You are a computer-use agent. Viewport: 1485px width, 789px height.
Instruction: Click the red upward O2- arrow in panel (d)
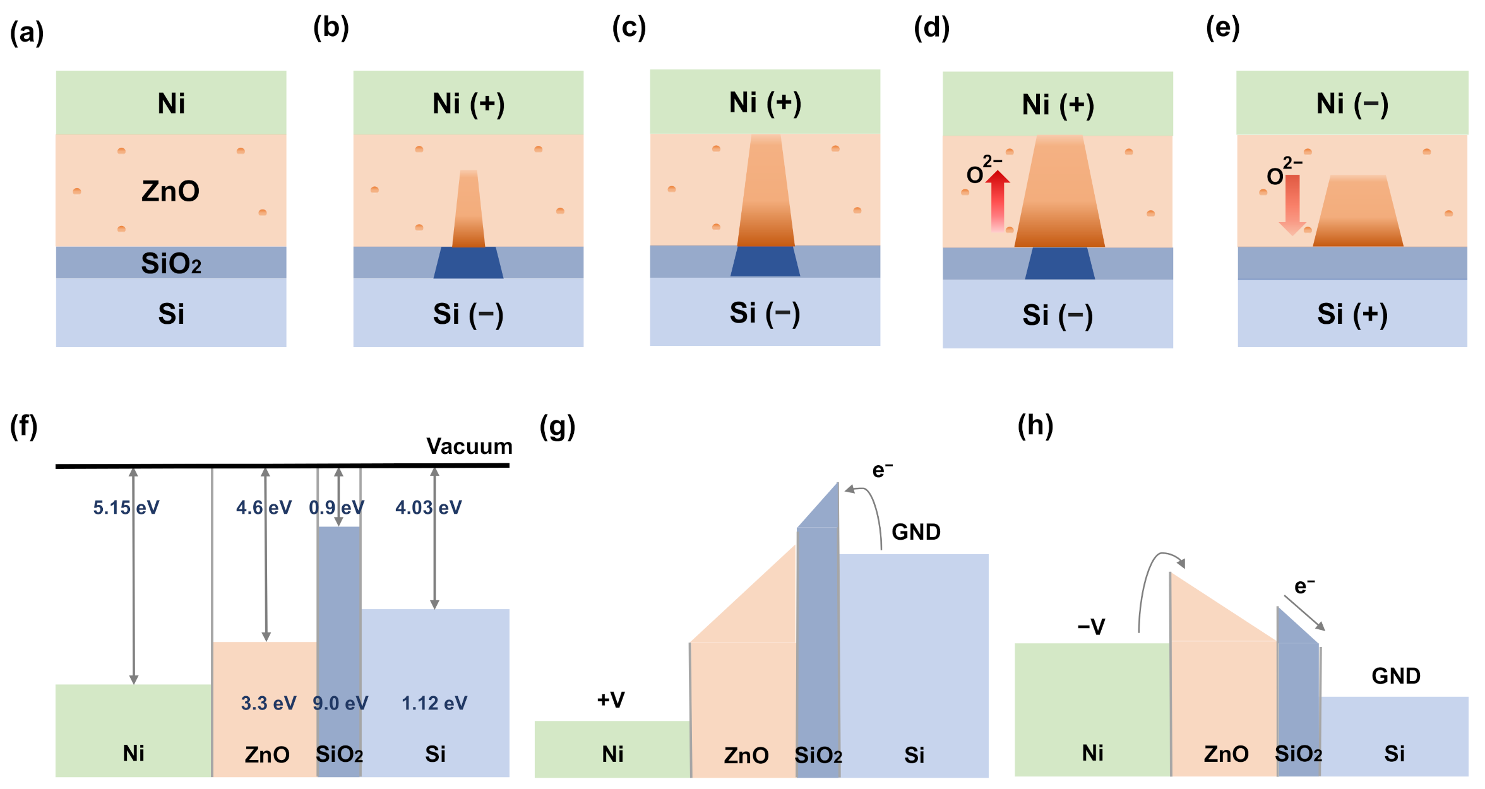[x=998, y=201]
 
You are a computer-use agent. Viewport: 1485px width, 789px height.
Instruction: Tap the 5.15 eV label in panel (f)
[x=126, y=507]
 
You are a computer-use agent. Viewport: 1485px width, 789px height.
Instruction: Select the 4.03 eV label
[x=428, y=507]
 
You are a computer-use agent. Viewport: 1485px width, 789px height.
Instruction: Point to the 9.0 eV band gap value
[x=340, y=703]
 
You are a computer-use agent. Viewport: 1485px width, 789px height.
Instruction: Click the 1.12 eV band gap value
[x=434, y=703]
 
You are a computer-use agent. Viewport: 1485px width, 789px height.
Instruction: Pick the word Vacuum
[x=469, y=446]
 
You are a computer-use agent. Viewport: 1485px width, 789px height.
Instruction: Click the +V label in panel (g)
[x=611, y=699]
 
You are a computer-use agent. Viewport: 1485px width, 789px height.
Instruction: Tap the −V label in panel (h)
[x=1091, y=627]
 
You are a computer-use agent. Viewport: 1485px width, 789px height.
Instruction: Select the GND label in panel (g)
[x=915, y=532]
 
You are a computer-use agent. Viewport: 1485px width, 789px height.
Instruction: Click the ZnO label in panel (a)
[x=170, y=191]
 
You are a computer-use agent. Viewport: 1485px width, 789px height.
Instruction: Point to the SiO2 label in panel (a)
[x=171, y=263]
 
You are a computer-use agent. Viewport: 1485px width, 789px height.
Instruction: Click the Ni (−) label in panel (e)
[x=1352, y=104]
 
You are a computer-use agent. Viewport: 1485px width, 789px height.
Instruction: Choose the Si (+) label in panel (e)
[x=1352, y=314]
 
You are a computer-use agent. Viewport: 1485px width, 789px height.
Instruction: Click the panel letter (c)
[x=629, y=28]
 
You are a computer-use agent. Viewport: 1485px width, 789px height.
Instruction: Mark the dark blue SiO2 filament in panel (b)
[x=468, y=263]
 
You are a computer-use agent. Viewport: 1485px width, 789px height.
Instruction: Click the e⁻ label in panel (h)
[x=1304, y=586]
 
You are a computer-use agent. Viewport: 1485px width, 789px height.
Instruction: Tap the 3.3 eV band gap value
[x=268, y=703]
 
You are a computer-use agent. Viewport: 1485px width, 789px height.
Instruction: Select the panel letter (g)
[x=557, y=427]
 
